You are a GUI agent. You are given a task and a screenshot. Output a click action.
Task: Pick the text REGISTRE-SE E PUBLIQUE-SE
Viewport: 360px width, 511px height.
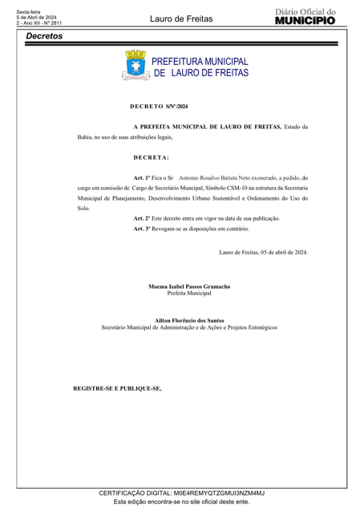tap(117, 388)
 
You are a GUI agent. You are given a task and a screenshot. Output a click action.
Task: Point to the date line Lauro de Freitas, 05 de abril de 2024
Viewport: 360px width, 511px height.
tap(263, 252)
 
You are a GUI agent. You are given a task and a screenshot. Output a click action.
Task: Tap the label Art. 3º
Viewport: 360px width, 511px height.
tap(144, 229)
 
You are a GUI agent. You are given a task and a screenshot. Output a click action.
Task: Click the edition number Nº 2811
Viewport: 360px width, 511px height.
tap(51, 23)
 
